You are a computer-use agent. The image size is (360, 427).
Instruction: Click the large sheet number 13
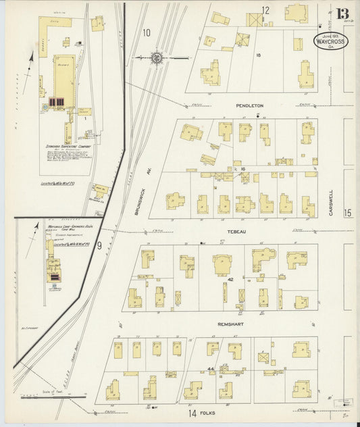[342, 14]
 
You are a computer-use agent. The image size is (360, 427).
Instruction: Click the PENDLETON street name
[249, 106]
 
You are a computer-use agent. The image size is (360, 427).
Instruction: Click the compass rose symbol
[157, 59]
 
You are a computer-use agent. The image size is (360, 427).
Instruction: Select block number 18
[258, 55]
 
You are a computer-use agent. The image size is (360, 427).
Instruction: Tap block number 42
[230, 279]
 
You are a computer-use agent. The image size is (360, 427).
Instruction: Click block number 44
[210, 369]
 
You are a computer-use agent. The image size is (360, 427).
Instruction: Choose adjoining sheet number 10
[147, 32]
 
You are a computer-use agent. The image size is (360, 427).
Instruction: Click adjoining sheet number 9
[99, 245]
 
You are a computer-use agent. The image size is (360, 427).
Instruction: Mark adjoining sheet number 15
[347, 214]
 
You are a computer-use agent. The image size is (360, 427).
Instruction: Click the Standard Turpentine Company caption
[66, 144]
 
